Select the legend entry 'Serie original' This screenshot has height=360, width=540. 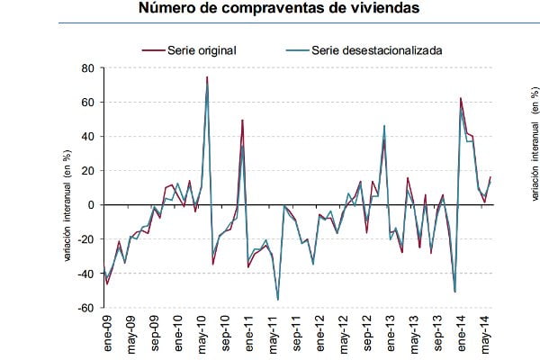[x=202, y=50]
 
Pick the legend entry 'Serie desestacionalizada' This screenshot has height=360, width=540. [x=376, y=50]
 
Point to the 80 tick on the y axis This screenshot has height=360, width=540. [x=88, y=68]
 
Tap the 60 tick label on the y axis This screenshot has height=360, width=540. [x=88, y=103]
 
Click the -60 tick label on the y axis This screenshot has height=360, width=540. [x=86, y=308]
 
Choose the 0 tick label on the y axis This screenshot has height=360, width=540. [x=91, y=205]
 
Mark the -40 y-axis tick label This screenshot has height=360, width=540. [x=86, y=274]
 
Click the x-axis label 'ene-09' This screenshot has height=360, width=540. [x=107, y=335]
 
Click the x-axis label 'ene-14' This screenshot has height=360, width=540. [x=461, y=335]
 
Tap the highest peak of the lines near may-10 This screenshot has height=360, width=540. [x=207, y=77]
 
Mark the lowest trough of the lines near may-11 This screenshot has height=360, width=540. [x=277, y=300]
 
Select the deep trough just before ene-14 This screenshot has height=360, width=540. [x=454, y=292]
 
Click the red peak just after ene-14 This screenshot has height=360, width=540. [x=461, y=98]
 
